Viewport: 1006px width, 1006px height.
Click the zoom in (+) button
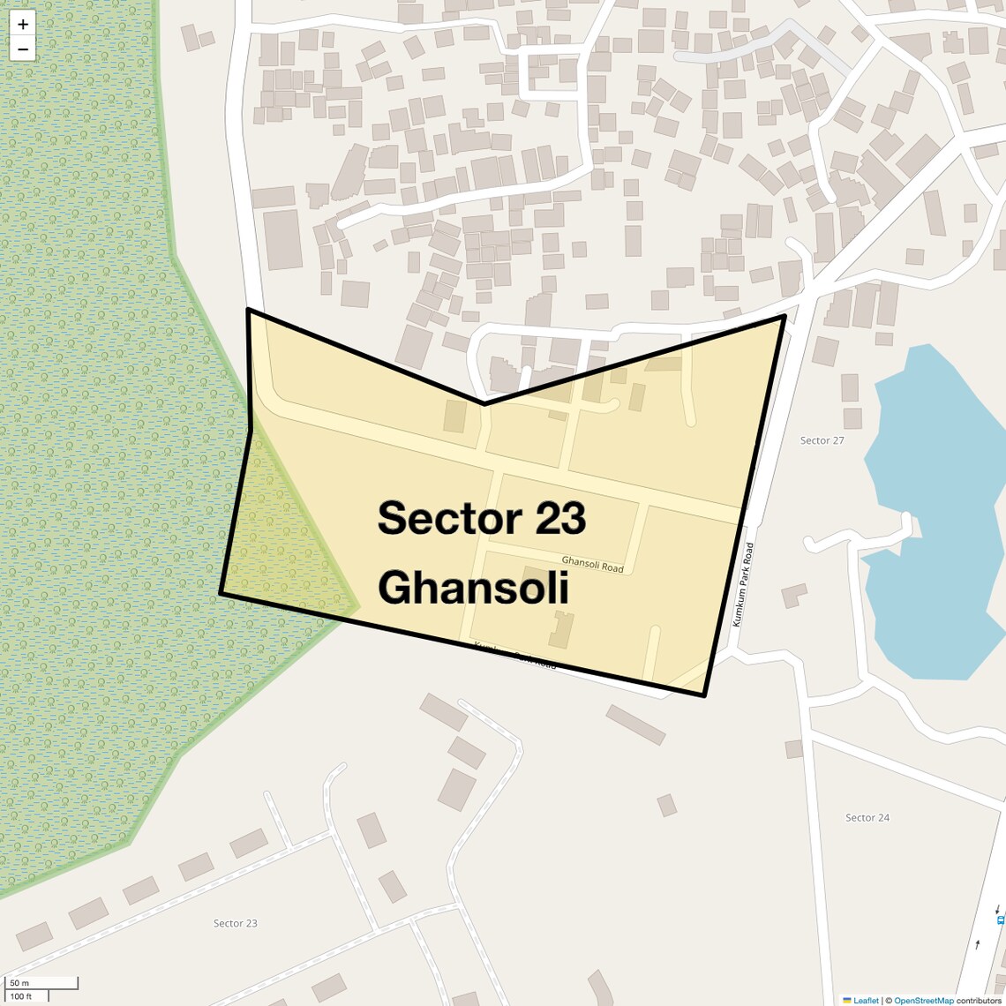coord(23,24)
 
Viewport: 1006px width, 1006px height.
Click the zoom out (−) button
coord(23,49)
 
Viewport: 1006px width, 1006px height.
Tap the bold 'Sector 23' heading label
coord(482,518)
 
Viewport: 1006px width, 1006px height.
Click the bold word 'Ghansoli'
coord(473,587)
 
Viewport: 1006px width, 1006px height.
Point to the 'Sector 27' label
coord(822,440)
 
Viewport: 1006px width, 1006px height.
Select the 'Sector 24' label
coord(867,818)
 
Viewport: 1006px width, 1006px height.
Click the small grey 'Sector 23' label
coord(236,923)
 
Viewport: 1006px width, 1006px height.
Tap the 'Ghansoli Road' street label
coord(592,564)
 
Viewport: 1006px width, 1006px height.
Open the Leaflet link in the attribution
coord(865,1000)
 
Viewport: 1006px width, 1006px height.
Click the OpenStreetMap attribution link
coord(923,1000)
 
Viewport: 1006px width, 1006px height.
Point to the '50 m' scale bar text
coord(19,982)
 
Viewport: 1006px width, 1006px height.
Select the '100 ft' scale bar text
coord(21,996)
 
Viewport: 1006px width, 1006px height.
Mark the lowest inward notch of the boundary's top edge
coord(484,404)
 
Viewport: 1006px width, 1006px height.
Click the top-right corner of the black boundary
coord(785,315)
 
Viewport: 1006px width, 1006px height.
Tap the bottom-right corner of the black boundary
coord(704,695)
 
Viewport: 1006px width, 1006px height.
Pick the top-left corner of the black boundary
coord(248,310)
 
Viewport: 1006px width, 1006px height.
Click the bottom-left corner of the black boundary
coord(221,594)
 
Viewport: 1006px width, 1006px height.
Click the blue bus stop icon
coord(1000,919)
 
